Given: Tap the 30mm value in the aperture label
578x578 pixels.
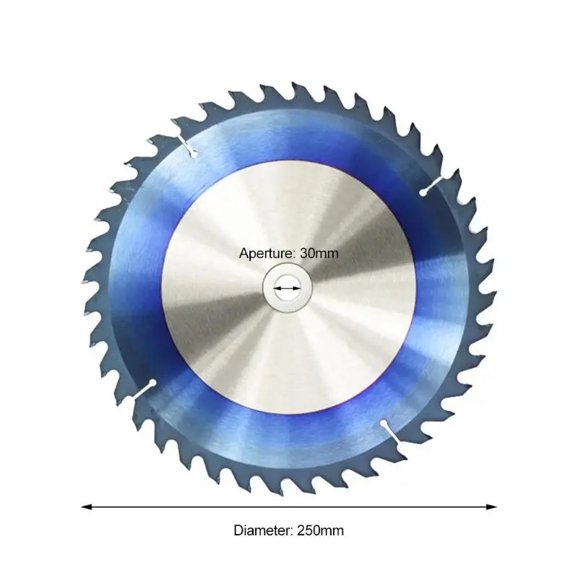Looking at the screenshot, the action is tap(319, 254).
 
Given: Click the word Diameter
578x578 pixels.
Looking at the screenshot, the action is tap(263, 530).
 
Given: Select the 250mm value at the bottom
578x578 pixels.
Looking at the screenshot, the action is tap(320, 530).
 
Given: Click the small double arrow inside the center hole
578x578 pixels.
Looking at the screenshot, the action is tap(287, 288).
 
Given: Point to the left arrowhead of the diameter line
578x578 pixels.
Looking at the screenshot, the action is tap(86, 507).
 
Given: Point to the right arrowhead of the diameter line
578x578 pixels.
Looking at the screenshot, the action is tap(492, 507).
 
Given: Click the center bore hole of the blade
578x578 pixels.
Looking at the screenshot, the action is tap(287, 288).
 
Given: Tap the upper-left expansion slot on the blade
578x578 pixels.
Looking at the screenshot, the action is tap(187, 146).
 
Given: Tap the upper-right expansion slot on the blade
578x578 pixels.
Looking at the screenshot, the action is tap(432, 186).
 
